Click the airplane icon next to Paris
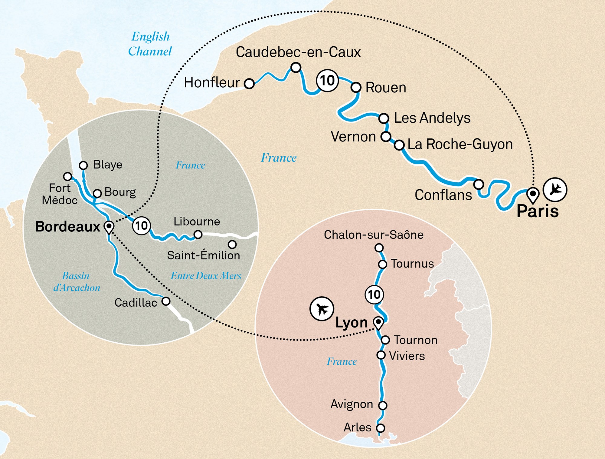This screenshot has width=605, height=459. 555,190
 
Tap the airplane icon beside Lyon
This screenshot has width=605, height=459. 322,309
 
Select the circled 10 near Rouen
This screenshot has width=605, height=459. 327,81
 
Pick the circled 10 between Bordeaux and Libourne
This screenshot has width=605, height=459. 141,226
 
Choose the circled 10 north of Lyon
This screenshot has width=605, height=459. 374,294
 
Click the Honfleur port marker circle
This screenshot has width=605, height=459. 249,83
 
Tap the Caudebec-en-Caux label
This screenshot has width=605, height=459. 298,52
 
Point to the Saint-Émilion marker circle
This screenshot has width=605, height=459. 232,244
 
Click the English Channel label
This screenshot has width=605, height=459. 150,44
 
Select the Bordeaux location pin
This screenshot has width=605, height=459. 109,227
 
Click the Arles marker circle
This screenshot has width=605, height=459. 381,428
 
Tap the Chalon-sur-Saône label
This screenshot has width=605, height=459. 374,235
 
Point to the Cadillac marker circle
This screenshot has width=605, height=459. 166,301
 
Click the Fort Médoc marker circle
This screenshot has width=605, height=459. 67,176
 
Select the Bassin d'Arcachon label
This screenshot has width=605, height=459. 77,282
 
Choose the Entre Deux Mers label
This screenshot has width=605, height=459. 206,276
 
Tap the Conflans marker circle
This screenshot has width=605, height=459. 479,184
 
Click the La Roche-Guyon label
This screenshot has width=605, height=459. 460,144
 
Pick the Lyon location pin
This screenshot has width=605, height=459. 378,323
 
